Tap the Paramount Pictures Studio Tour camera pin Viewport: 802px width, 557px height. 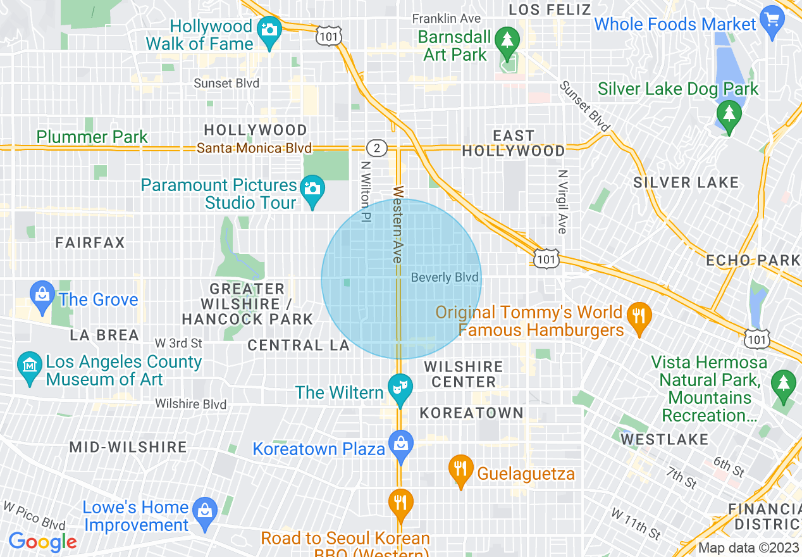click(311, 189)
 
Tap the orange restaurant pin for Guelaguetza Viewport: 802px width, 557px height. click(460, 469)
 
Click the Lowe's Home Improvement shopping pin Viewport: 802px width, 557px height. click(205, 510)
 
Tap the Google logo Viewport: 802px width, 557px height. click(42, 542)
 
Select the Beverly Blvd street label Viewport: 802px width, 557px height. click(445, 278)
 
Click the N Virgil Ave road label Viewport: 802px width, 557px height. click(562, 201)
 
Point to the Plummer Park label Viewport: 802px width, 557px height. click(92, 137)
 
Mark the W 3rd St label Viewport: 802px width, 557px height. click(178, 343)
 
